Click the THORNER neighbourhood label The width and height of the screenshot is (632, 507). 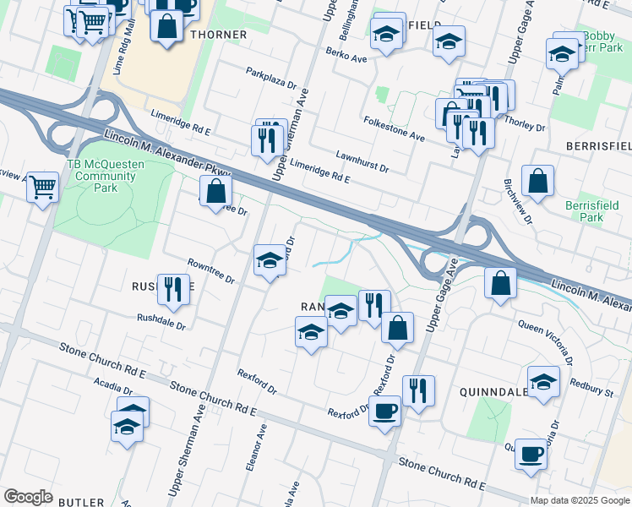pos(219,35)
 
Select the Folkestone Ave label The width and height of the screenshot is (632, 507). pos(393,128)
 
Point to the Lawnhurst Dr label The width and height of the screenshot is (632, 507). pos(361,162)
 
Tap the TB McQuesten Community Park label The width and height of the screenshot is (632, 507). pos(101,176)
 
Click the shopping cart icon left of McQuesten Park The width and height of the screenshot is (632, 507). pos(42,186)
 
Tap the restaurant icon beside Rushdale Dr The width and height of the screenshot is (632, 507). pos(173,290)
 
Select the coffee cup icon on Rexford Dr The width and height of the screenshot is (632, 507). pos(385,412)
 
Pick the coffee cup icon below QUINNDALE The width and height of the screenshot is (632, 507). pos(531,454)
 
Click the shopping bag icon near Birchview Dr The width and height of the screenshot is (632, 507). pos(537,180)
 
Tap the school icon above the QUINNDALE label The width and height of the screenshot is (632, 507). pos(543,380)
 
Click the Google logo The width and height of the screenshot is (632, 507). pos(28,497)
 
